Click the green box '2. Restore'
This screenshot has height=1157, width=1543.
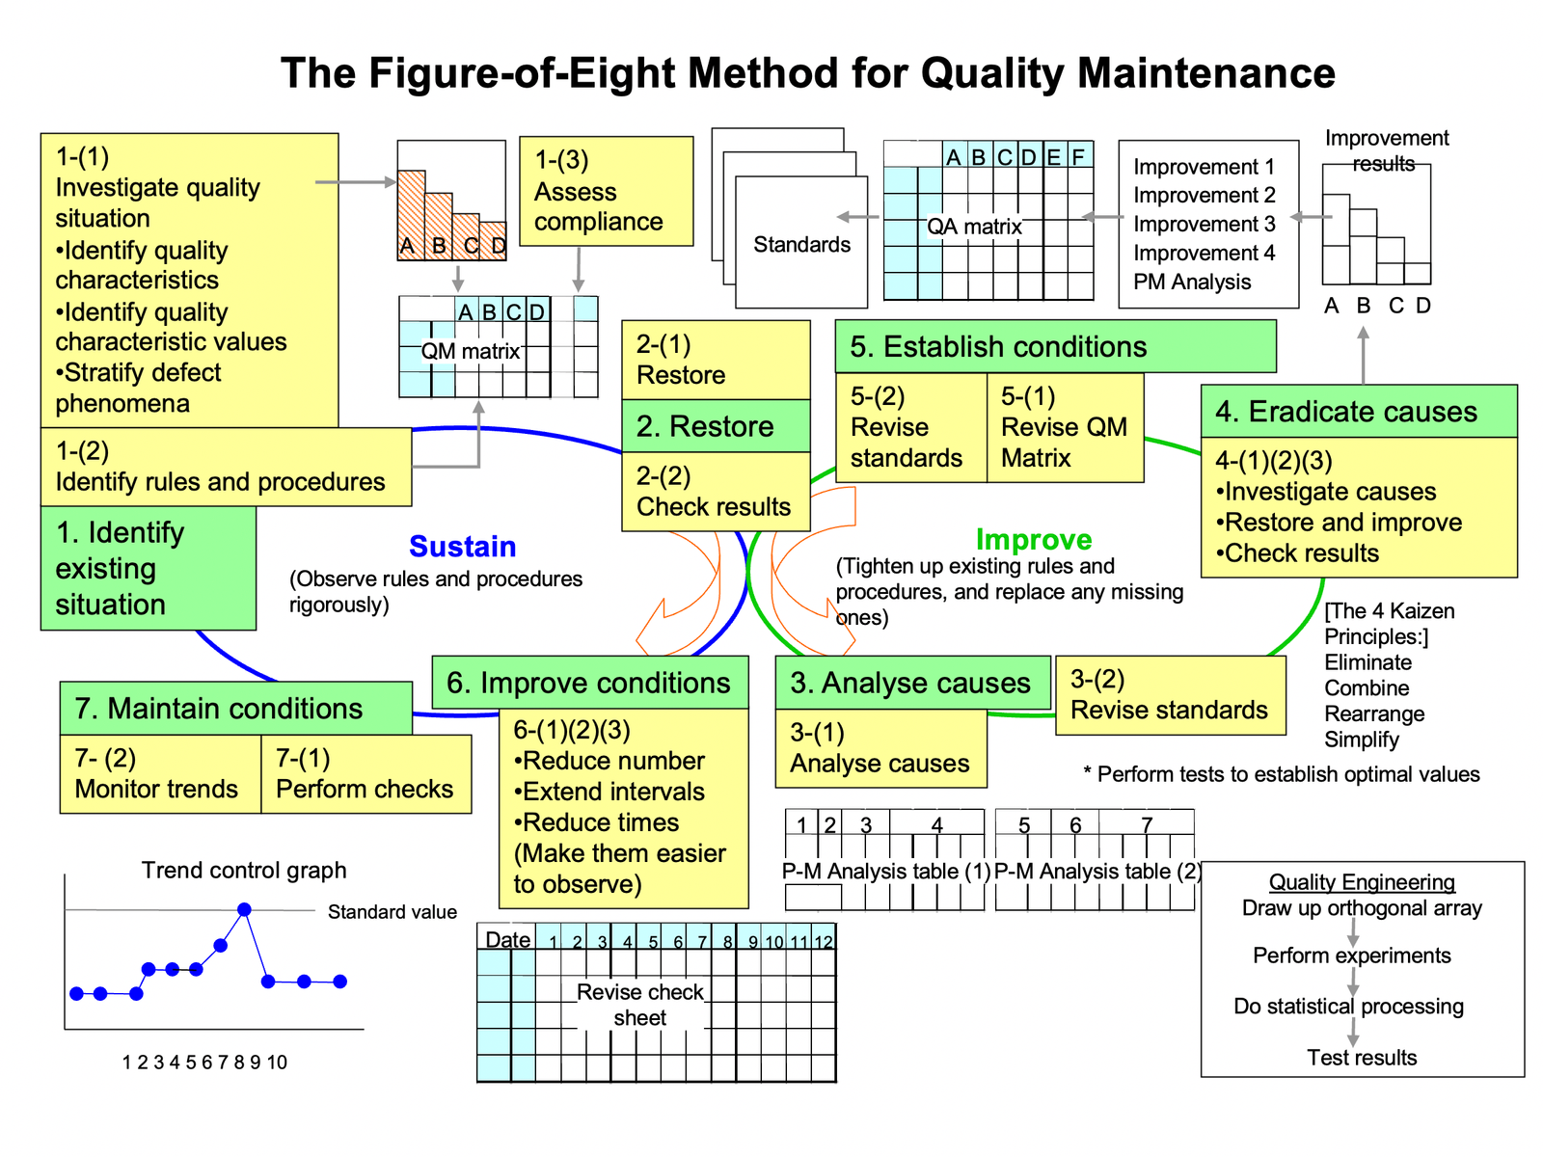[x=716, y=426]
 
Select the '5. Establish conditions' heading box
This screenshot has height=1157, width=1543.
[x=1055, y=347]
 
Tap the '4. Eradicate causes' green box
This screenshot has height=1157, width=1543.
[x=1358, y=412]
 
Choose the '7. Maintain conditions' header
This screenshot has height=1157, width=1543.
[x=235, y=709]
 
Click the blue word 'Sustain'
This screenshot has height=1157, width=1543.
[x=462, y=547]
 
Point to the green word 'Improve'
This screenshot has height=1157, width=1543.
[x=1033, y=540]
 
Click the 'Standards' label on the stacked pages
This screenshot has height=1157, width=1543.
[x=801, y=245]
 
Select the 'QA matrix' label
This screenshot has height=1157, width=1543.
[x=974, y=227]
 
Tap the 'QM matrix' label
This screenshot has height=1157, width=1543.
[x=470, y=351]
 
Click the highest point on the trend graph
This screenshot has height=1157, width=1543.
[x=244, y=909]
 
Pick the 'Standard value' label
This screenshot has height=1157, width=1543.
[x=392, y=912]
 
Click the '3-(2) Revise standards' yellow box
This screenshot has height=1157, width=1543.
[x=1170, y=695]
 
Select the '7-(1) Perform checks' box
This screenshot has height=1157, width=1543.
[x=365, y=774]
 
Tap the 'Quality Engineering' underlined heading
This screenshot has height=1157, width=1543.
[x=1362, y=882]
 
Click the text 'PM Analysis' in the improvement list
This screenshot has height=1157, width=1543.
[x=1192, y=283]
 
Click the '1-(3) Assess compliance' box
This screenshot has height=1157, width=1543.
[x=606, y=191]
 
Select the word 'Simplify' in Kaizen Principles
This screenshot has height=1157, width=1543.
[x=1361, y=740]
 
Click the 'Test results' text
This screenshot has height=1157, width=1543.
[x=1362, y=1058]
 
